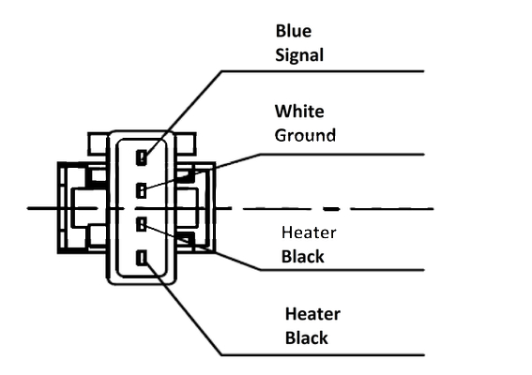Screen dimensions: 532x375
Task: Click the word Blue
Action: (x=294, y=31)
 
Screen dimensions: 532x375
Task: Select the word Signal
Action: (x=299, y=55)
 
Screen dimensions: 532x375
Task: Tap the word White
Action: (x=299, y=112)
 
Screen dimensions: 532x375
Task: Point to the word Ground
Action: (x=305, y=135)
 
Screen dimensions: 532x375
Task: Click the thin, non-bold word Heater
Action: (x=309, y=232)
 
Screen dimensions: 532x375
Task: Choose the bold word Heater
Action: (x=312, y=314)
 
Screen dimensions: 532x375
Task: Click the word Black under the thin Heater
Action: (x=303, y=257)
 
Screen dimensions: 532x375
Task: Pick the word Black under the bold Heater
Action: (x=307, y=338)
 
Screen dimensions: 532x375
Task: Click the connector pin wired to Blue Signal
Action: (x=142, y=157)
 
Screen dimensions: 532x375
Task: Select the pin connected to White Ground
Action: (x=141, y=190)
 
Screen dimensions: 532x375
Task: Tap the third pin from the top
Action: (x=141, y=224)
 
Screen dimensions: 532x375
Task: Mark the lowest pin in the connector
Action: (x=142, y=258)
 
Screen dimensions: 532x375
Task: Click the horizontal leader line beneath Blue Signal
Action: (x=323, y=71)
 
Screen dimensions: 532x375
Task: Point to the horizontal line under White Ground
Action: (x=342, y=155)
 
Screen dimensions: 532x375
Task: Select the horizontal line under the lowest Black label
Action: (x=323, y=355)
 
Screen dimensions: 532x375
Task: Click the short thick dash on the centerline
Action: (x=331, y=209)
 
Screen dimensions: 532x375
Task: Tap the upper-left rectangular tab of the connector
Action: (x=99, y=143)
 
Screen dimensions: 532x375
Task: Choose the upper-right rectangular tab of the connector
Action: (x=186, y=143)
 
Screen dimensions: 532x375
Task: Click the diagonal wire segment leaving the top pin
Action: (x=184, y=114)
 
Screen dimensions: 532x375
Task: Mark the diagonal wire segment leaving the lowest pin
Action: (x=184, y=307)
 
